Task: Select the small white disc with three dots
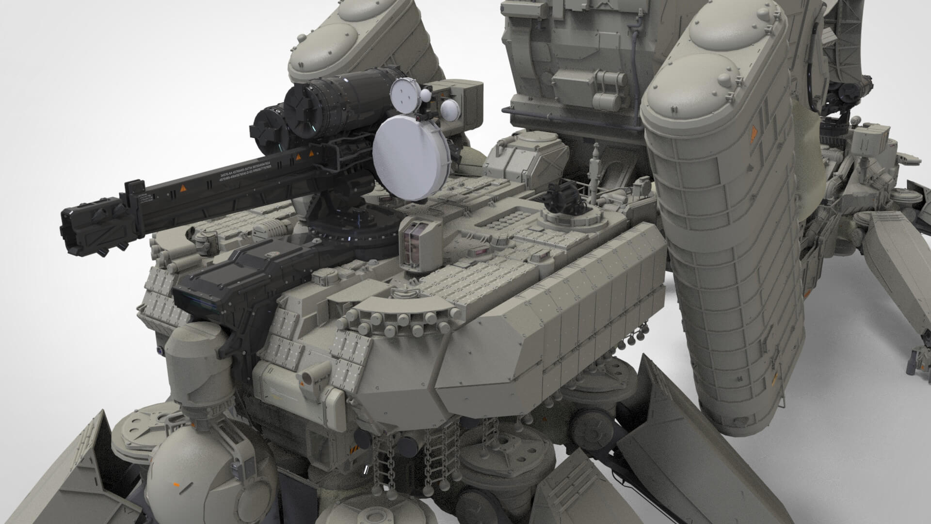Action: [404, 94]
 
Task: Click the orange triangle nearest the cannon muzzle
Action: [183, 187]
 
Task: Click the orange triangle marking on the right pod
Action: [754, 131]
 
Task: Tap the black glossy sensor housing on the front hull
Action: [223, 286]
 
